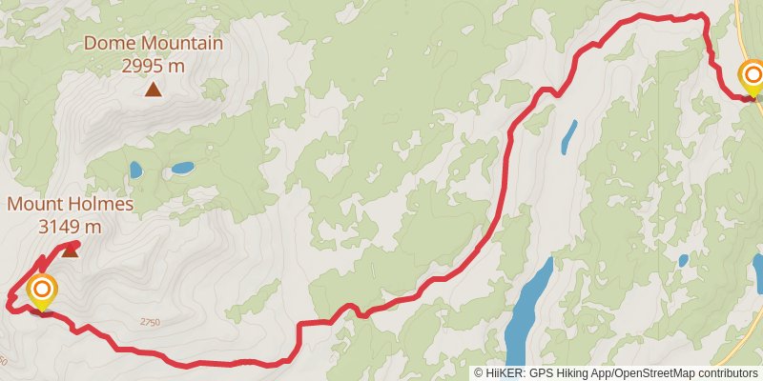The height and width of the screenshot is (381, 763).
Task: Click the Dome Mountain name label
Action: [154, 43]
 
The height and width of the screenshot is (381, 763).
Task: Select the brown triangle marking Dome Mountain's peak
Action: [153, 90]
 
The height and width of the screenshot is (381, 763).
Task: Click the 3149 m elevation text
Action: [70, 227]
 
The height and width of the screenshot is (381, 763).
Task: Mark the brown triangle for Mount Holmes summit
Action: [70, 251]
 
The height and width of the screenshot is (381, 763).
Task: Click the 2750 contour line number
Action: [150, 323]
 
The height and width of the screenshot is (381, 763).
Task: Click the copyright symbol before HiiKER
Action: [479, 373]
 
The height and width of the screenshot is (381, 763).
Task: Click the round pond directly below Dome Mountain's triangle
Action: [135, 170]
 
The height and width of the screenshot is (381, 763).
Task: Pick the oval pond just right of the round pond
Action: [181, 169]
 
